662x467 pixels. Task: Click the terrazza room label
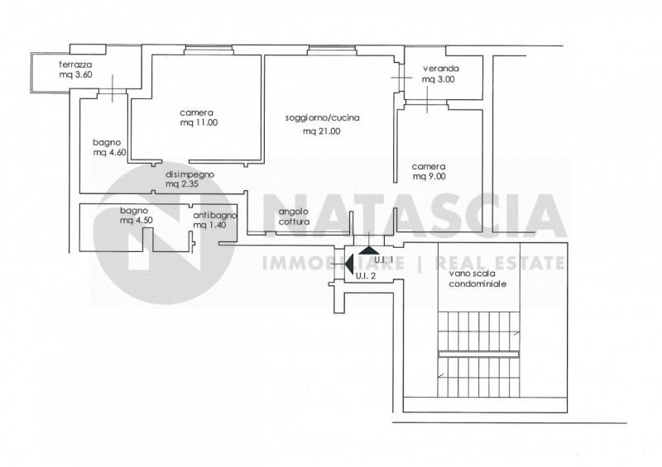[75, 65]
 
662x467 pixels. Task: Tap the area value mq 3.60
[75, 75]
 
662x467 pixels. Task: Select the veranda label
[441, 69]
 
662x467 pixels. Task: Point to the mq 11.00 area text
[199, 123]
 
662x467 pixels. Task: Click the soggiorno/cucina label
[323, 118]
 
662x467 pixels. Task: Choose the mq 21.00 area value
[322, 131]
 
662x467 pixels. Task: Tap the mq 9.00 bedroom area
[429, 177]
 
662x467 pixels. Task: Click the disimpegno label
[190, 174]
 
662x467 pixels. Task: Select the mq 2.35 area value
[182, 184]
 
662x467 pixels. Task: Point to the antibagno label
[215, 216]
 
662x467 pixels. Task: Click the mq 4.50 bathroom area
[137, 220]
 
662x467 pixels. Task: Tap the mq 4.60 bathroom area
[109, 153]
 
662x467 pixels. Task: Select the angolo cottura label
[294, 217]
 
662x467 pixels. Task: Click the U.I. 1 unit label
[384, 260]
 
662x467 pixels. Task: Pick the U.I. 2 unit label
[366, 276]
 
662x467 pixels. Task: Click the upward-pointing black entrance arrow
[370, 250]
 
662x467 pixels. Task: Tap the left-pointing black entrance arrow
[349, 264]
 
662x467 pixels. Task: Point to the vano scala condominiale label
[478, 279]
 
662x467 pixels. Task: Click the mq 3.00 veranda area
[439, 79]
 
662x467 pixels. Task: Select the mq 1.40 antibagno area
[209, 226]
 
